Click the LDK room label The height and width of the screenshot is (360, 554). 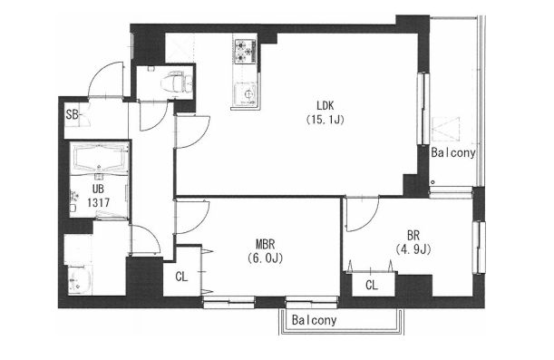pyautogui.click(x=326, y=105)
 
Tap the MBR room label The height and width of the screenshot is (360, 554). pyautogui.click(x=266, y=244)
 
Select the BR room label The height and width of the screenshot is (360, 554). pyautogui.click(x=413, y=235)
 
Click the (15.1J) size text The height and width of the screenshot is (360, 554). pyautogui.click(x=325, y=120)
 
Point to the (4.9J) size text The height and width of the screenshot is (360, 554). pyautogui.click(x=413, y=249)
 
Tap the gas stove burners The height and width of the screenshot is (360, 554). pyautogui.click(x=245, y=51)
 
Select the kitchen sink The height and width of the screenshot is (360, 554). pyautogui.click(x=246, y=93)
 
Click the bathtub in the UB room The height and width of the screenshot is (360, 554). pyautogui.click(x=99, y=158)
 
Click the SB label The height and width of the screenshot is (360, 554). pyautogui.click(x=73, y=114)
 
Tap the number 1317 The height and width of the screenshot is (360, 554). pyautogui.click(x=99, y=203)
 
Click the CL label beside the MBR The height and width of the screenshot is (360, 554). pyautogui.click(x=181, y=277)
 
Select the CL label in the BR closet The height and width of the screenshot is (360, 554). pyautogui.click(x=372, y=285)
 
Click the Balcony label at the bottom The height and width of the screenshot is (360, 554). pyautogui.click(x=314, y=320)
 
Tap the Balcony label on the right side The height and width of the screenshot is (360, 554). pyautogui.click(x=453, y=153)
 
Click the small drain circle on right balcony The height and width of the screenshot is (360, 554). pyautogui.click(x=433, y=182)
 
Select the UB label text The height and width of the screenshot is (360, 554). pyautogui.click(x=98, y=189)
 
